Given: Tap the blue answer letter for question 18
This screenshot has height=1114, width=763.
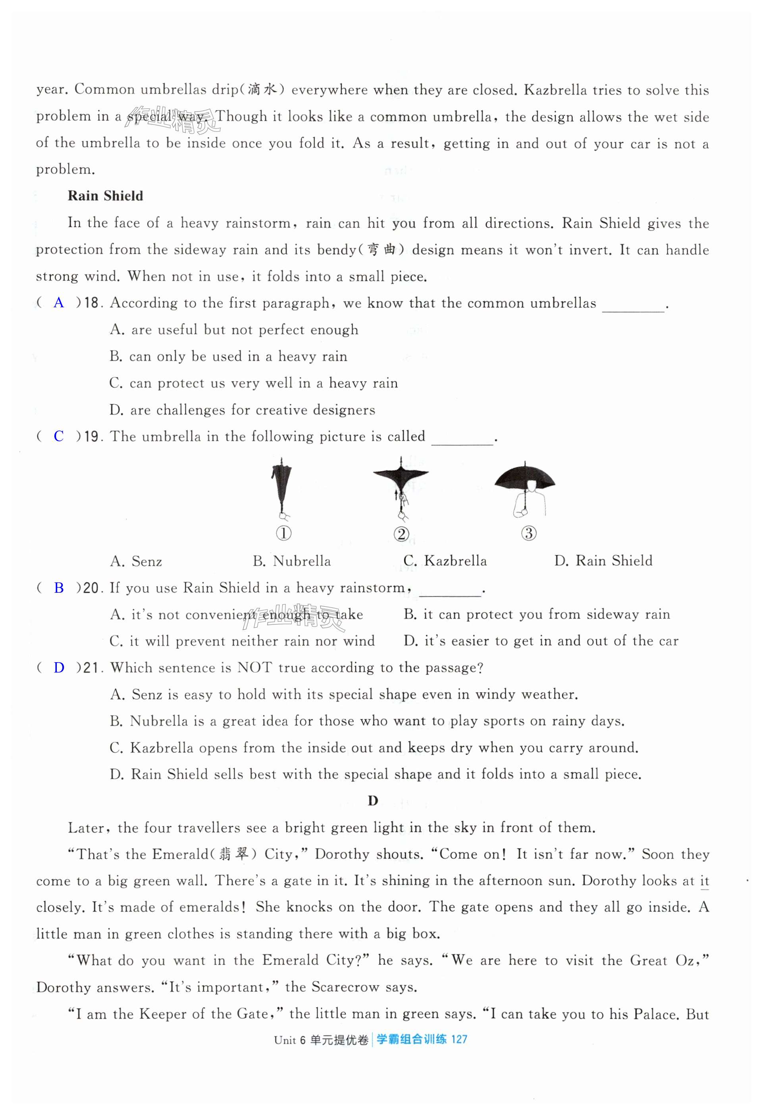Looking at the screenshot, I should (58, 303).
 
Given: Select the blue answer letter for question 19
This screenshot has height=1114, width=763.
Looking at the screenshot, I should (58, 436).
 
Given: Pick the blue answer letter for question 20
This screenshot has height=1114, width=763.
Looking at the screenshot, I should (58, 588).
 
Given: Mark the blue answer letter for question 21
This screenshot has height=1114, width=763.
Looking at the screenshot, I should (58, 667).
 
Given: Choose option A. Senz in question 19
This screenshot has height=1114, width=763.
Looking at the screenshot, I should (136, 561).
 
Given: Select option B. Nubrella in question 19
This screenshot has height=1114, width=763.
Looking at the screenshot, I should (292, 561).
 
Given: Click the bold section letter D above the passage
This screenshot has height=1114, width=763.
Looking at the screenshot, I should (373, 801).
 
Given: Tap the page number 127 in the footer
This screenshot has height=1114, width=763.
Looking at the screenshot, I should (459, 1039).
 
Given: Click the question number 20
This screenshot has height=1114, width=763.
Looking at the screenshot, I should (91, 588).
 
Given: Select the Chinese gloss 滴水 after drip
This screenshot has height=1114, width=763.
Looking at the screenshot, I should (262, 90).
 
